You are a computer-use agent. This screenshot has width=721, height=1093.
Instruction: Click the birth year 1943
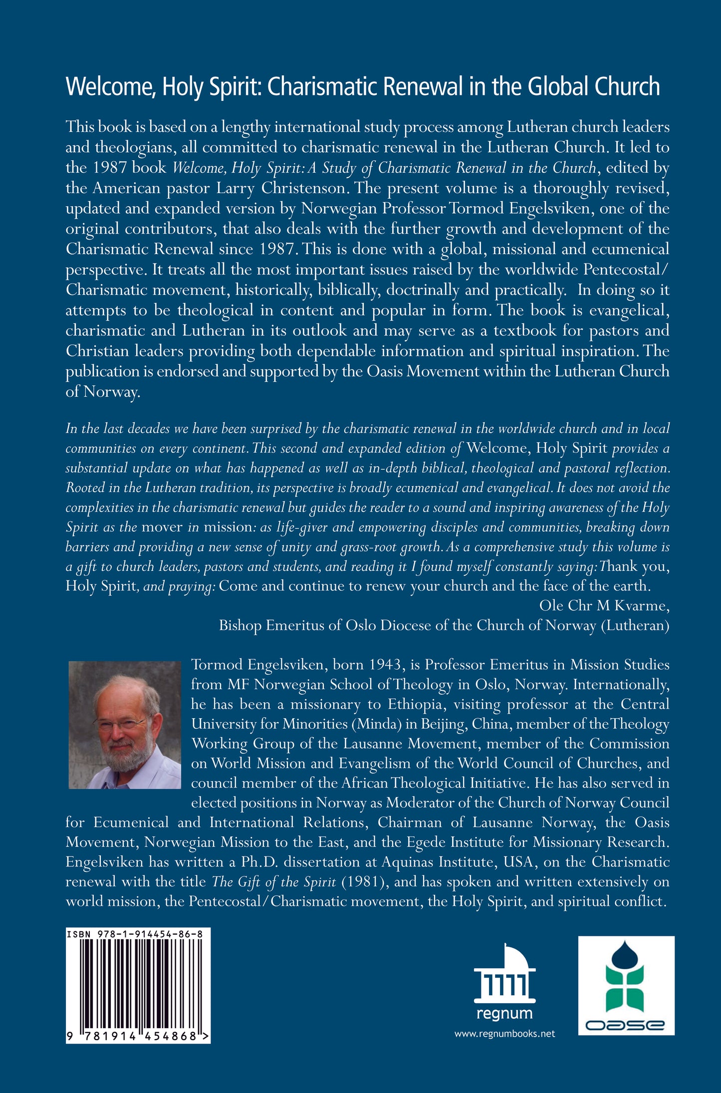click(x=385, y=665)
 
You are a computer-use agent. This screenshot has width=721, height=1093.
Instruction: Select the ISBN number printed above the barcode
click(x=135, y=933)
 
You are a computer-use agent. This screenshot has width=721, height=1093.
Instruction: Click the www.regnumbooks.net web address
click(x=504, y=1034)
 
